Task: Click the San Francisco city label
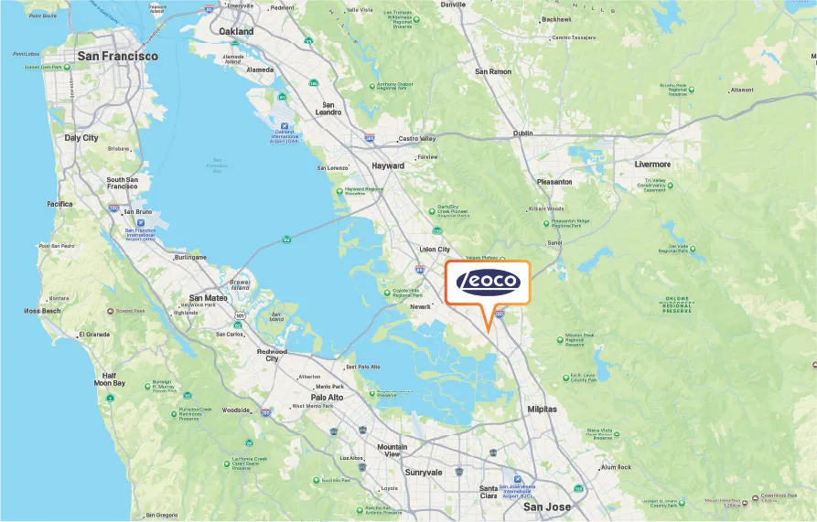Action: coord(117,56)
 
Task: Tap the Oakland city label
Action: coord(236,31)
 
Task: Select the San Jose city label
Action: coord(546,506)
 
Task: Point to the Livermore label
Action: coord(652,165)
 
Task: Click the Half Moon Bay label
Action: coord(109,380)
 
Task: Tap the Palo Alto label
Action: coord(327,398)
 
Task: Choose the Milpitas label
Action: coord(542,410)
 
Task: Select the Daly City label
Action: coord(81,138)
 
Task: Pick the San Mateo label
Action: coord(209,298)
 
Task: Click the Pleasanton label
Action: coord(554,182)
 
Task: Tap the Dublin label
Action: coord(522,133)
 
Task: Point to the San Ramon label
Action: coord(493,71)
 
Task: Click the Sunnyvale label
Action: coord(423,473)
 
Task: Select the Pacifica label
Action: coord(59,204)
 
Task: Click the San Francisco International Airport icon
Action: coord(140,221)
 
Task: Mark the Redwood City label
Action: coord(272,356)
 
